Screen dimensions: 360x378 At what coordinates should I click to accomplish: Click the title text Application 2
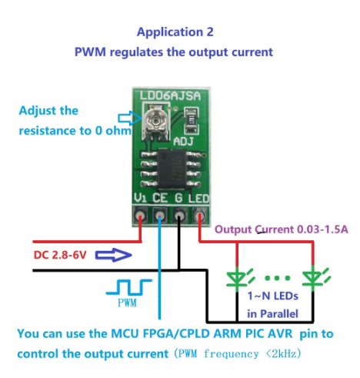[x=175, y=32]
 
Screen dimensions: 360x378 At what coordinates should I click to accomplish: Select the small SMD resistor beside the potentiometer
[x=191, y=120]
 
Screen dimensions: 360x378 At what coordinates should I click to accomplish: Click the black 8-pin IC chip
[x=171, y=169]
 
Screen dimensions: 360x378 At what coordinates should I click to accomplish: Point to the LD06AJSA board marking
[x=170, y=95]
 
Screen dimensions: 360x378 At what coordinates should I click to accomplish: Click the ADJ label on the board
[x=183, y=142]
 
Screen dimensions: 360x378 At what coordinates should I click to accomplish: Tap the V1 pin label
[x=140, y=198]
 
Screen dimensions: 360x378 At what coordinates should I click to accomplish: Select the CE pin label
[x=160, y=198]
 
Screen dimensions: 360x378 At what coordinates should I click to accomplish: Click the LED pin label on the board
[x=198, y=199]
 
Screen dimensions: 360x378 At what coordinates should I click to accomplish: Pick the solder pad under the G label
[x=179, y=216]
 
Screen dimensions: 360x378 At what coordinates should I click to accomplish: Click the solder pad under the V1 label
[x=140, y=216]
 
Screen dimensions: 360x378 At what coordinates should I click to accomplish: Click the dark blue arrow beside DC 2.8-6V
[x=114, y=255]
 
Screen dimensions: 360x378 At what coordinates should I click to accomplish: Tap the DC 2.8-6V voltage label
[x=60, y=255]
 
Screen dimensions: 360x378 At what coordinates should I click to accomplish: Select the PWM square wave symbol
[x=129, y=287]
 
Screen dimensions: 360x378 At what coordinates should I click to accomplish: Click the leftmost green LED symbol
[x=240, y=279]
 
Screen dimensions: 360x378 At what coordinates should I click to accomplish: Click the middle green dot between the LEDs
[x=278, y=278]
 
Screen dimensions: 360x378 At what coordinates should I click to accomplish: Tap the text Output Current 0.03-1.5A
[x=282, y=229]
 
